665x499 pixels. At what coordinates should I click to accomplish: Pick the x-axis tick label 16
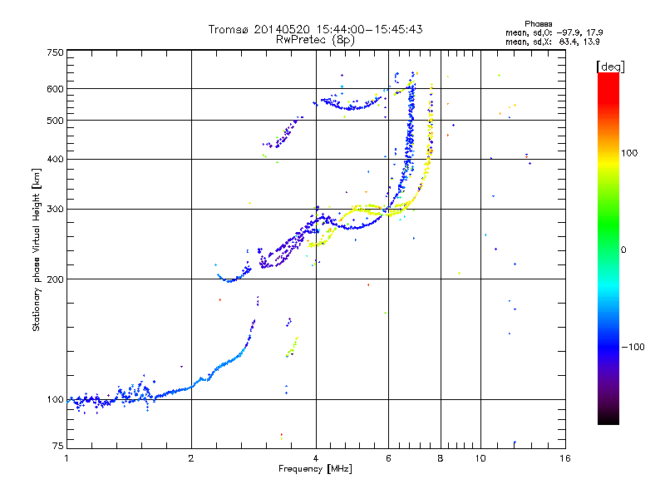coord(564,458)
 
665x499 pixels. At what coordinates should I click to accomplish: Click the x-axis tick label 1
coord(66,458)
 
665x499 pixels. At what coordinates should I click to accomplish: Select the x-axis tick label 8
coord(441,458)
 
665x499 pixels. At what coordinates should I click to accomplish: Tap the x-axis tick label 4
coord(316,458)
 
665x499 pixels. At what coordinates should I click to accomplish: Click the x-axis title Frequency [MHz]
coord(316,469)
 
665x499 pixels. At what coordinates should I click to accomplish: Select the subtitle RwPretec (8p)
coord(315,39)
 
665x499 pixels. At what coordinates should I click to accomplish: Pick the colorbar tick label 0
coord(624,249)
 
